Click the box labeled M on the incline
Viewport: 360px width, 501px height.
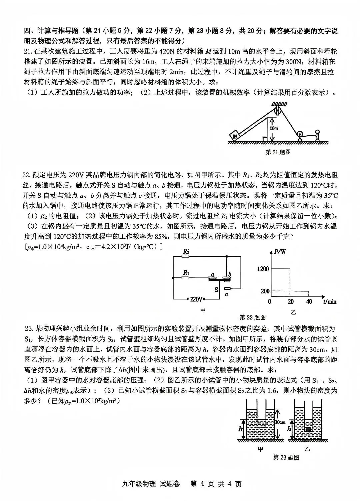(235, 136)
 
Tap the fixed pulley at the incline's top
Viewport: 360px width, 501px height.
(276, 111)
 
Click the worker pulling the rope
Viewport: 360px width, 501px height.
(317, 135)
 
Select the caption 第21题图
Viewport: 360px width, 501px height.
(278, 152)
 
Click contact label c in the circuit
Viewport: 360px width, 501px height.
(227, 294)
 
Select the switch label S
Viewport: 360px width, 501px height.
(216, 290)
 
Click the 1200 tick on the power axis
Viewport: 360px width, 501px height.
(263, 269)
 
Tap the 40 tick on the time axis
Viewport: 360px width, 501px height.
(309, 302)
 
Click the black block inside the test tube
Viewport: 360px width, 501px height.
(309, 429)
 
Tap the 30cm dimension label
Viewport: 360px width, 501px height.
(280, 422)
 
